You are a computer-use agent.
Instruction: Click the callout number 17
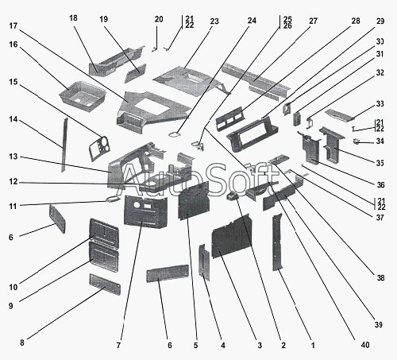click(x=13, y=26)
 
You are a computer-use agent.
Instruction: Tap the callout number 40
click(x=365, y=345)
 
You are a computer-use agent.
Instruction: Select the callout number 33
click(x=380, y=103)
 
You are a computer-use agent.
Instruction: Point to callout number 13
click(x=13, y=157)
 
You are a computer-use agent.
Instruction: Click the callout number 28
click(x=356, y=21)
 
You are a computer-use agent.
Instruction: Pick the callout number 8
click(x=22, y=343)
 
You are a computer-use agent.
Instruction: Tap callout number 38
click(x=380, y=277)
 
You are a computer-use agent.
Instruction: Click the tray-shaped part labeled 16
click(x=83, y=95)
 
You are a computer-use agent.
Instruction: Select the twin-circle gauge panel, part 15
click(x=100, y=148)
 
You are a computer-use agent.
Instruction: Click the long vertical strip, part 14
click(x=64, y=145)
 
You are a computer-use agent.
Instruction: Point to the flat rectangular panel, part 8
click(x=105, y=285)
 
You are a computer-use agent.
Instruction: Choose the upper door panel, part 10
click(x=104, y=232)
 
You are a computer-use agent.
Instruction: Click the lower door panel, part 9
click(x=104, y=257)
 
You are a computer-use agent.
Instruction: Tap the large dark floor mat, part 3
click(x=232, y=236)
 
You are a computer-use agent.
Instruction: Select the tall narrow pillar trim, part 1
click(x=277, y=242)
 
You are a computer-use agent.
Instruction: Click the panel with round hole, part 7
click(x=145, y=211)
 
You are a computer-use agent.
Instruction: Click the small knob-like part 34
click(x=357, y=141)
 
